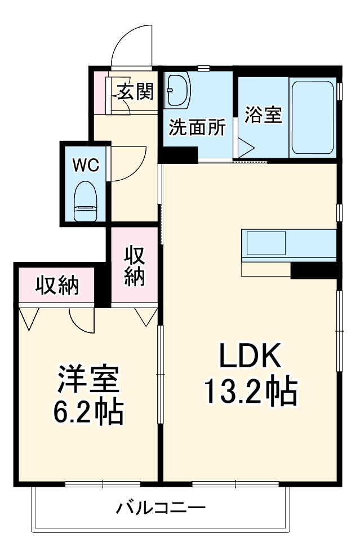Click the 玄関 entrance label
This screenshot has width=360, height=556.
tap(135, 91)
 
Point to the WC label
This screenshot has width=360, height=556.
tap(85, 165)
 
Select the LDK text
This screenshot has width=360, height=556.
tap(249, 357)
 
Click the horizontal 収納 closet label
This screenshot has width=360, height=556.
tap(57, 286)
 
